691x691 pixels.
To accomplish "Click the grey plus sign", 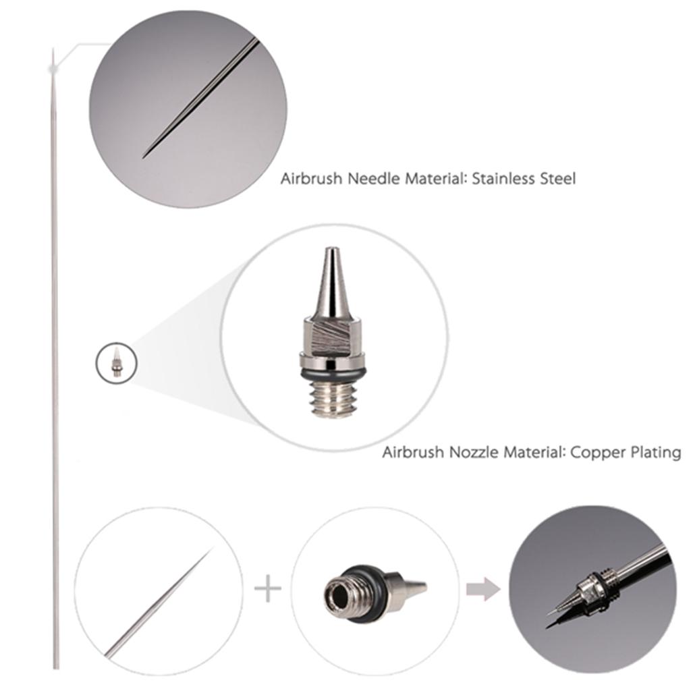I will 268,588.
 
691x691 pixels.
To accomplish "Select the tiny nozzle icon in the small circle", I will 116,364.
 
